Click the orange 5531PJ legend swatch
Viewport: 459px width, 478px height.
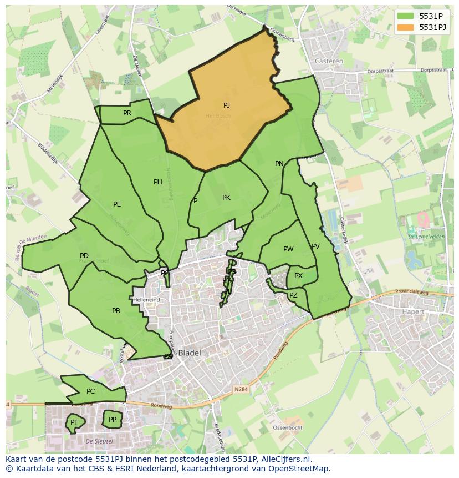(406, 27)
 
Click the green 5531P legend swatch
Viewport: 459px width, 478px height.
(406, 16)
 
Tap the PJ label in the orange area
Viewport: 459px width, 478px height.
(227, 105)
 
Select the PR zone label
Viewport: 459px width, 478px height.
(127, 113)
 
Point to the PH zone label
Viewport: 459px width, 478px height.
(158, 182)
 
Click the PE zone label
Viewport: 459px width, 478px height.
(117, 204)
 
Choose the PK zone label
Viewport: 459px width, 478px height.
(226, 198)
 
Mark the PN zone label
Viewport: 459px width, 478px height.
(279, 164)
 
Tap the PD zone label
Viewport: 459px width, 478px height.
(84, 256)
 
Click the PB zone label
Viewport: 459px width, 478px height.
(116, 311)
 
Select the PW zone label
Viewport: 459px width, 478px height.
(288, 249)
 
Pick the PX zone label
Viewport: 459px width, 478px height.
(298, 276)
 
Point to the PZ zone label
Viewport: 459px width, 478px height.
(293, 295)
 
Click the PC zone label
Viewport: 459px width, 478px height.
(91, 391)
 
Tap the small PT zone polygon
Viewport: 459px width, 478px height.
(74, 423)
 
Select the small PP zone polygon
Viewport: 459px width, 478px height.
(113, 420)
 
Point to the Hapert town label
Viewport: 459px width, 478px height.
(412, 312)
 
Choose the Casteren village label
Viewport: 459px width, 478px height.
(329, 61)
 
